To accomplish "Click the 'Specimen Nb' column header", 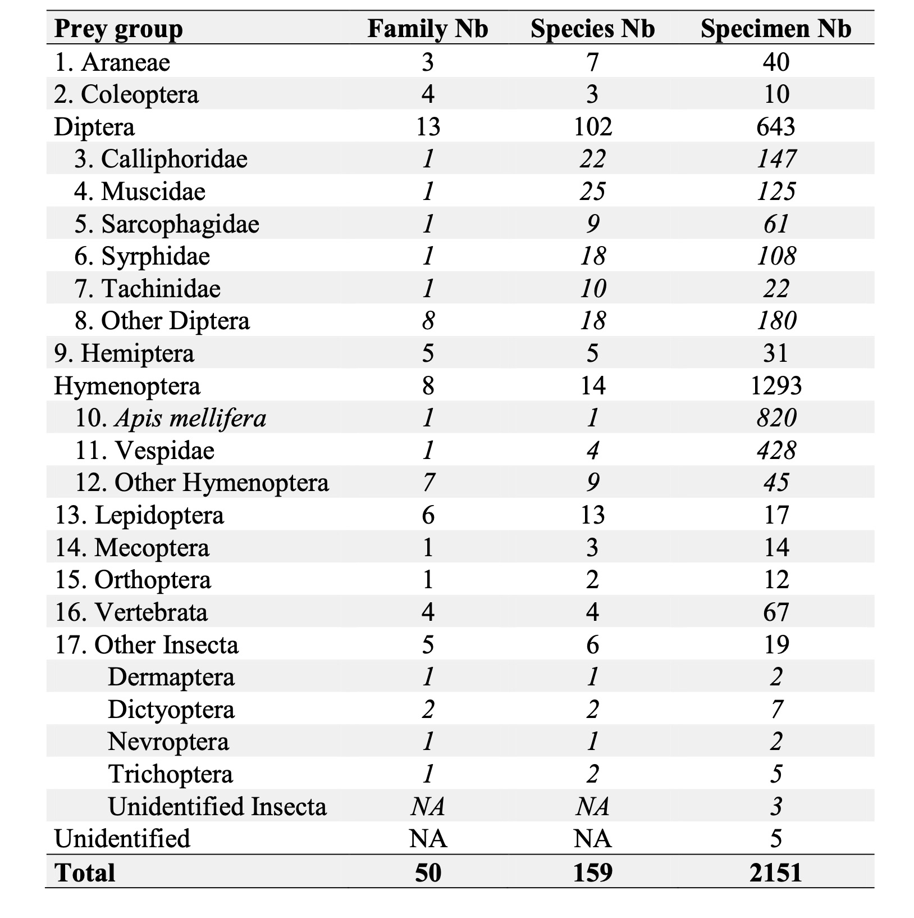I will [x=775, y=29].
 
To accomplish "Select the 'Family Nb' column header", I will [x=427, y=29].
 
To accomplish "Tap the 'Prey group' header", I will [x=118, y=29].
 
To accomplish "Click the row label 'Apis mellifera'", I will [x=190, y=418].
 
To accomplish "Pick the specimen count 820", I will [x=776, y=418].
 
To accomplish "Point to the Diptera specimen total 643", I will [x=776, y=126].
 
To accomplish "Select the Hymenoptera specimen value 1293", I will [x=776, y=386].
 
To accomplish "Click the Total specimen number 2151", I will [x=775, y=872].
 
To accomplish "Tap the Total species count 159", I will [x=592, y=872].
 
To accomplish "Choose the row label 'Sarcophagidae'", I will [x=180, y=224].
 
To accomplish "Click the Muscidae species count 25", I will [x=592, y=192].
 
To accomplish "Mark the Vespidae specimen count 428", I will [x=776, y=451].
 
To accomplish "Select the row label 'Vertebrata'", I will [x=150, y=612].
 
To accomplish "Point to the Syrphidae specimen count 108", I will [x=776, y=256].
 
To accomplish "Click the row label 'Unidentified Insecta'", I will [x=217, y=807].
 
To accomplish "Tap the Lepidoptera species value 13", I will [x=592, y=515].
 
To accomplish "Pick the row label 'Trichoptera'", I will [x=170, y=774].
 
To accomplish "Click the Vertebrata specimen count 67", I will [x=776, y=612].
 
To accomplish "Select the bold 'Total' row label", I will [x=85, y=872].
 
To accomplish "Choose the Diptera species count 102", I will [x=592, y=126].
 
